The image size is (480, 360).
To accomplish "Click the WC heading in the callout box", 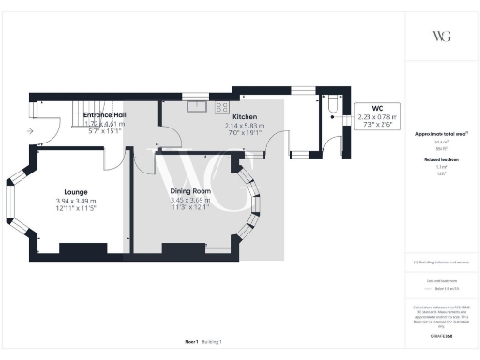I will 378,108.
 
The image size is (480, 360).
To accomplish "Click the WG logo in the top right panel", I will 442,36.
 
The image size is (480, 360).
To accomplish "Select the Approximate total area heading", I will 441,134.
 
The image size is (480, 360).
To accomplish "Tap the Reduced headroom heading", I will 441,160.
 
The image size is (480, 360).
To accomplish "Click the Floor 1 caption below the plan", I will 191,343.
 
